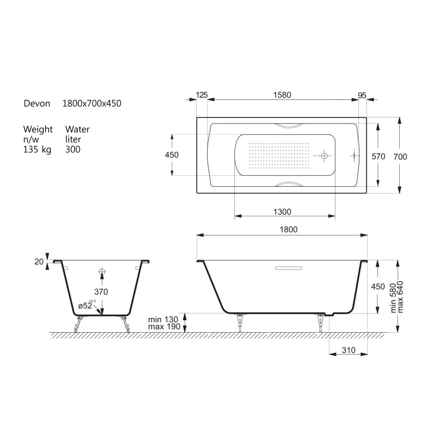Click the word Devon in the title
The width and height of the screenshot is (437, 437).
click(37, 103)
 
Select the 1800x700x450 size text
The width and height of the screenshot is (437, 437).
click(92, 103)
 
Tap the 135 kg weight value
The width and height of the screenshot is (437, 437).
click(37, 150)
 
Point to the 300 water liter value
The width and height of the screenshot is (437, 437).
click(73, 149)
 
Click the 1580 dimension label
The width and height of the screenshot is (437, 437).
click(282, 95)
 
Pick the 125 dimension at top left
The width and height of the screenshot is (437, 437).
click(202, 95)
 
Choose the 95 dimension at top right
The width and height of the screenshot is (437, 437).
click(362, 96)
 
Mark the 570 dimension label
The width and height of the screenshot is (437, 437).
click(378, 157)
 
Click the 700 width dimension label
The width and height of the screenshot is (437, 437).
click(400, 157)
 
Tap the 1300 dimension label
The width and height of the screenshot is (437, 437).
click(282, 212)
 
